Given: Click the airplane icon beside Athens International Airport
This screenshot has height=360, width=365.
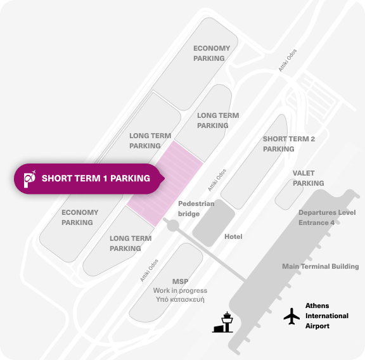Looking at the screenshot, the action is [291, 316].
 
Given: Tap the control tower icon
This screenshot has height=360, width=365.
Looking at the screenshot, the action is [223, 322].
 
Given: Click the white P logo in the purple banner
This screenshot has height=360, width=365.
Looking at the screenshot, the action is [30, 179].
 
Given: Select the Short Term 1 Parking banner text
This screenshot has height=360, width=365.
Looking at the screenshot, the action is [96, 178].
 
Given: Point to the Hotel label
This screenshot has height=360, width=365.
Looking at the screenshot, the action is [233, 236].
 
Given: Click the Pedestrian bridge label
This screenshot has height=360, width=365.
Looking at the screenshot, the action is [196, 209].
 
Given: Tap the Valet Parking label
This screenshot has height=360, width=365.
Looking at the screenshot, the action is [308, 178].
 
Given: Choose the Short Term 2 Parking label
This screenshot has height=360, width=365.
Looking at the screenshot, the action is [289, 144].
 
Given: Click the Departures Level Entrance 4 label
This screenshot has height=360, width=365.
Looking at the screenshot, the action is [327, 217].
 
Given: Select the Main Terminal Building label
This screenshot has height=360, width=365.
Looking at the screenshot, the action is [320, 266].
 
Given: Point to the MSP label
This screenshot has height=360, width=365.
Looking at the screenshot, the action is [180, 281].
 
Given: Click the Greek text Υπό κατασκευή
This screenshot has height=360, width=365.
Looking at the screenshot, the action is [180, 299].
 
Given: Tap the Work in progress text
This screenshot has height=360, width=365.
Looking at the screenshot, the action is [180, 291].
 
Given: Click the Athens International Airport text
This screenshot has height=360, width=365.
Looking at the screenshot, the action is [327, 316].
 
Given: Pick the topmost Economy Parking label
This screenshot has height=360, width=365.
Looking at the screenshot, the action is [212, 53].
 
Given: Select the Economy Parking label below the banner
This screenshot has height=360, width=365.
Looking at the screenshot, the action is [80, 217].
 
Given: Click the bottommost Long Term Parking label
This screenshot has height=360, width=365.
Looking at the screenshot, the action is [131, 243].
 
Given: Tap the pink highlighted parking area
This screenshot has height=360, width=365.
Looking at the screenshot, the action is [165, 184].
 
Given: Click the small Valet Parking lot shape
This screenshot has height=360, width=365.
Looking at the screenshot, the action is [289, 194].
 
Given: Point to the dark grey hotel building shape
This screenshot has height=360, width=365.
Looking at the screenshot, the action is [214, 223].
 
